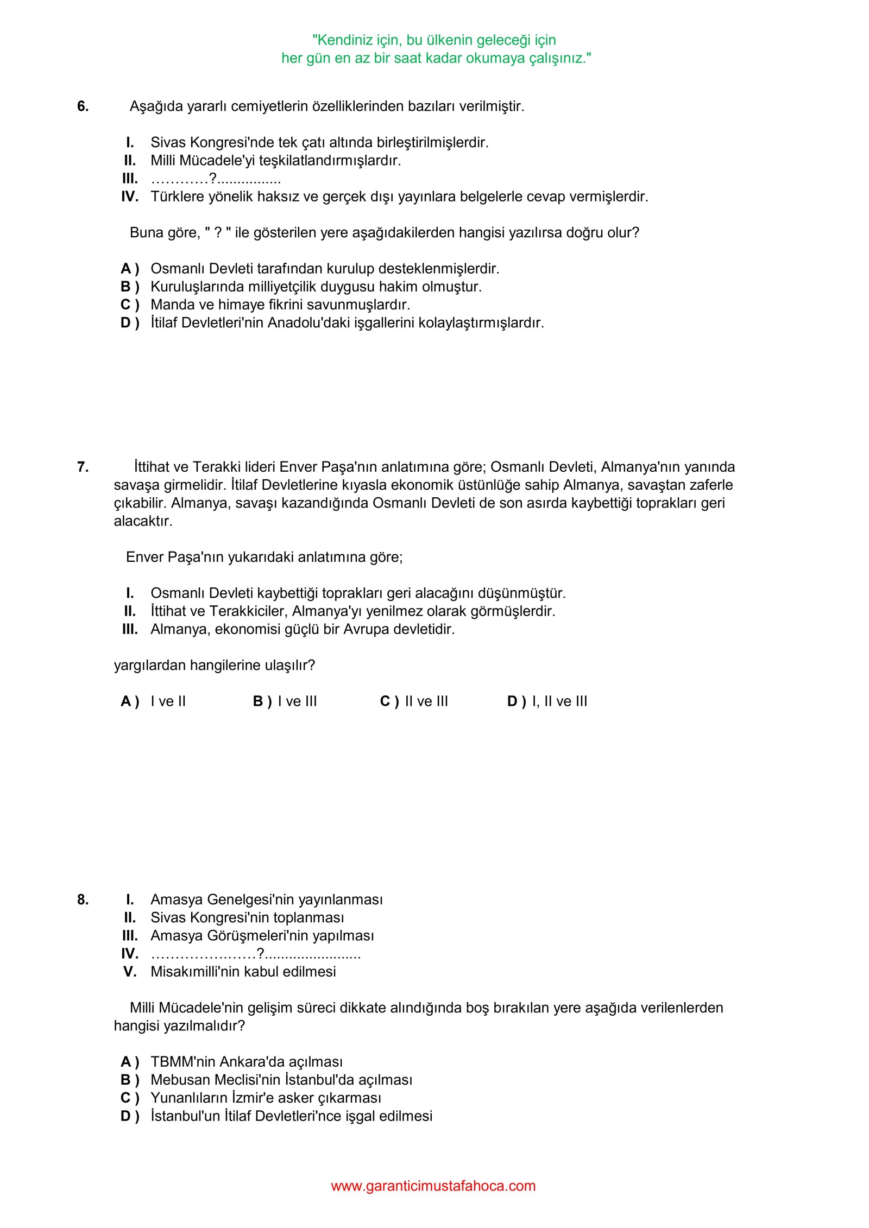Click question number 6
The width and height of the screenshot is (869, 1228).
83,106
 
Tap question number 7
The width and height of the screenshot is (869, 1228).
83,467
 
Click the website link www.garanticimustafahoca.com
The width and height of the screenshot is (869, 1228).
433,1186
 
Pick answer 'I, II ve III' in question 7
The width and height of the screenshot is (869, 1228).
559,701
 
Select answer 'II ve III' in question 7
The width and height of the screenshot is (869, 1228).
426,701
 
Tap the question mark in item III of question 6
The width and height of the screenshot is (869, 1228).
213,178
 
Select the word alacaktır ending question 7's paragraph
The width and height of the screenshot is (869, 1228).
143,521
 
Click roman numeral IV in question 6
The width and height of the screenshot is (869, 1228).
130,197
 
